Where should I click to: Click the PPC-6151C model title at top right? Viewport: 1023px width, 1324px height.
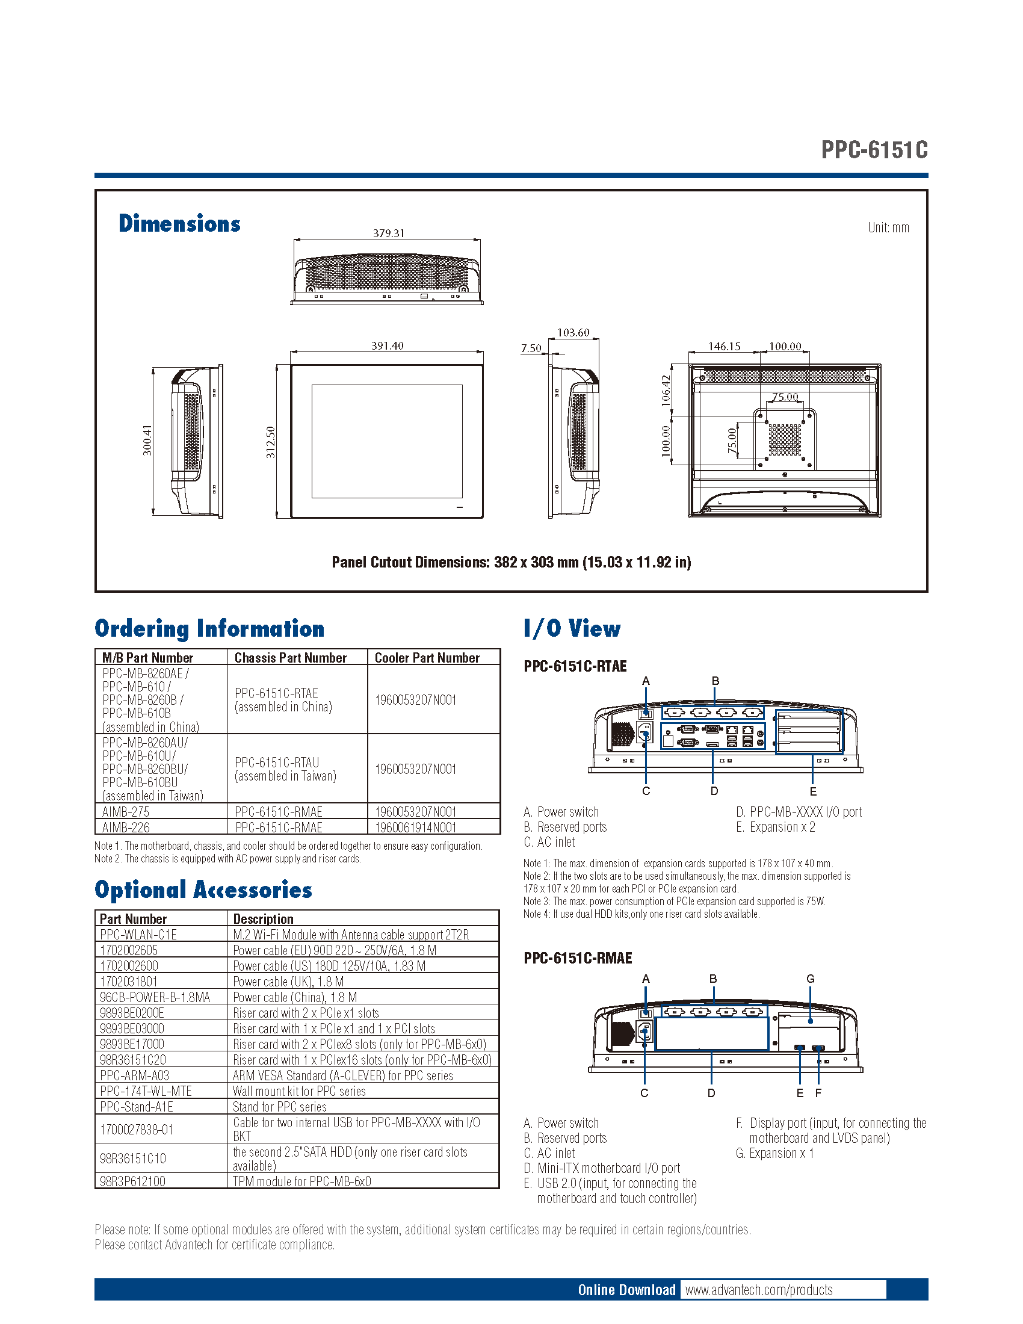[874, 150]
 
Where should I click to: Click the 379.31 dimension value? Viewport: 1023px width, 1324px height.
[389, 233]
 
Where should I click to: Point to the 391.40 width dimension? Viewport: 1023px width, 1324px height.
[388, 345]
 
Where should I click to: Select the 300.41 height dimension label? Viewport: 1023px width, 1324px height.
[147, 440]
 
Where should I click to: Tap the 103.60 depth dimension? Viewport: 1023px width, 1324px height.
[573, 332]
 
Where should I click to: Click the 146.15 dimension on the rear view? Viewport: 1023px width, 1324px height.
[724, 346]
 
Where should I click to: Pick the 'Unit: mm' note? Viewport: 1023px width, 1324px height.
[888, 227]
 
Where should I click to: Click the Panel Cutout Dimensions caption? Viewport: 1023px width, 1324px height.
[511, 562]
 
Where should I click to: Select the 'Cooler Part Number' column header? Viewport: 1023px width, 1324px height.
[427, 658]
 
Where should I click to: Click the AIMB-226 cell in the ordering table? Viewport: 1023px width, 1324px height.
[126, 827]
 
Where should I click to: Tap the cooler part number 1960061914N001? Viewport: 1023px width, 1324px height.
[415, 827]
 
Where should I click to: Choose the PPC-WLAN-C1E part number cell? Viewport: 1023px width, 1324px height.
[138, 935]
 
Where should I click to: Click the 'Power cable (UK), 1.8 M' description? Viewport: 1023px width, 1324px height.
[288, 982]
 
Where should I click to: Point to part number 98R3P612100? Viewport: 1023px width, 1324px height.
[132, 1181]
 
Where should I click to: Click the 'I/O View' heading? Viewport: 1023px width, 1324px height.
[572, 628]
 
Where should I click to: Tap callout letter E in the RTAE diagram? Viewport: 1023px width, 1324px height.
[813, 791]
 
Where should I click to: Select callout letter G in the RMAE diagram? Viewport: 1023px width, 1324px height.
[811, 979]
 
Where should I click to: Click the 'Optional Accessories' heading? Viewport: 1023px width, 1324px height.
[203, 889]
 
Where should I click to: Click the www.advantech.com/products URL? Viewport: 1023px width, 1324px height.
[759, 1290]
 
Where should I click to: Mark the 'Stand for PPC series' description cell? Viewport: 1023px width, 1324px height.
[279, 1107]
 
